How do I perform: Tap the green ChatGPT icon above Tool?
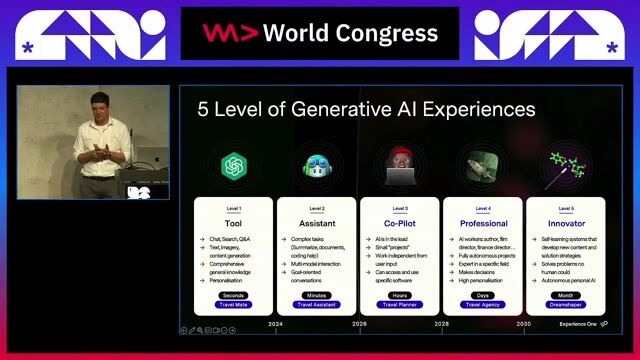235,165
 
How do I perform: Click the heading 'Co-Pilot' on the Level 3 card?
400,223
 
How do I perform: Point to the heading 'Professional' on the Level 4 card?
483,223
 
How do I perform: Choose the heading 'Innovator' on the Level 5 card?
565,223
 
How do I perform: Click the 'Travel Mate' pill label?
235,305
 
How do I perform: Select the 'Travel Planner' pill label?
400,305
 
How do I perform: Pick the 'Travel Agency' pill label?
483,305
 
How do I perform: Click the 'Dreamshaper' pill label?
565,305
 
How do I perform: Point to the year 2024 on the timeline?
276,324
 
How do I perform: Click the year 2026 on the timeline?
359,324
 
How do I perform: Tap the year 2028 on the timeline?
441,324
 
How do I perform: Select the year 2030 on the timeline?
523,324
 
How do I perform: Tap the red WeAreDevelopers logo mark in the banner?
217,33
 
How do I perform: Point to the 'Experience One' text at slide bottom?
577,324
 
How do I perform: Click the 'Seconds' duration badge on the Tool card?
235,295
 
